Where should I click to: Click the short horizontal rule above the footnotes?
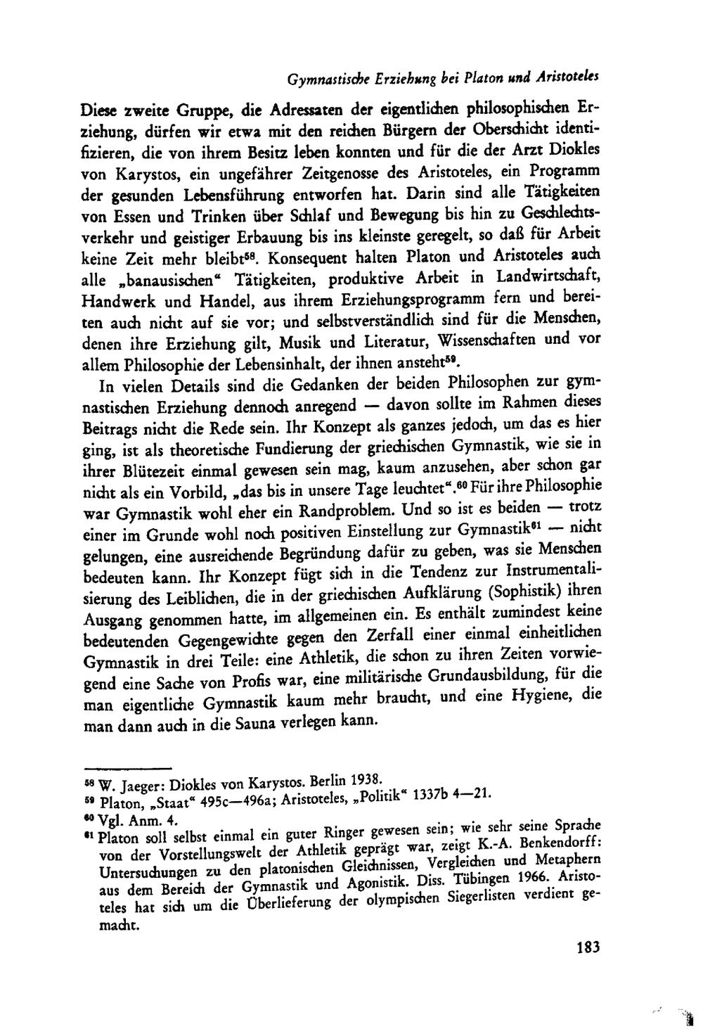pyautogui.click(x=127, y=767)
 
